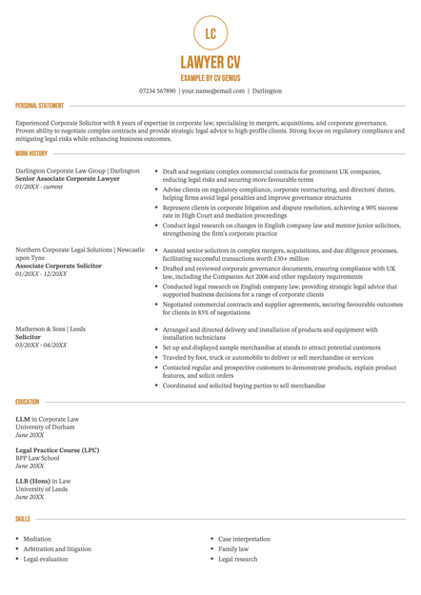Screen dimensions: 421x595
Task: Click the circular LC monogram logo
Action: [210, 34]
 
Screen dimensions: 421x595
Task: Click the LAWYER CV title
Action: [210, 63]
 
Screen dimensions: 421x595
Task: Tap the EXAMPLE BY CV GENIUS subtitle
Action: [210, 77]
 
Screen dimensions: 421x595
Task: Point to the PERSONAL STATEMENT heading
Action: [40, 106]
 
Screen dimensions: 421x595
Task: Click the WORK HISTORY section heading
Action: [31, 153]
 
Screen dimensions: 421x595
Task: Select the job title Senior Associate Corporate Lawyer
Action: [68, 178]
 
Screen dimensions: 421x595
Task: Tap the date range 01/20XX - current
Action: [39, 186]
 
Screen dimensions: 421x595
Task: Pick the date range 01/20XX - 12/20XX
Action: [41, 273]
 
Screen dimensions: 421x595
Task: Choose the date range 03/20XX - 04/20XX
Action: [41, 344]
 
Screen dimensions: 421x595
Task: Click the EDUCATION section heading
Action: [27, 403]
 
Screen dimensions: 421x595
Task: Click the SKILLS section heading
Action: [22, 519]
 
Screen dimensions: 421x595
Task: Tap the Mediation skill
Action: [38, 538]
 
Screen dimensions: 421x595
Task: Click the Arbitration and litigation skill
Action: [57, 549]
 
